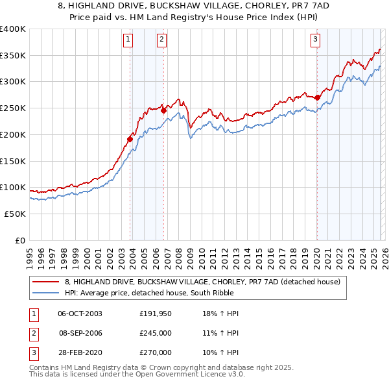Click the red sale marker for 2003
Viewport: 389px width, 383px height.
(130, 138)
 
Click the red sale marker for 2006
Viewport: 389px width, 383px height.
(163, 110)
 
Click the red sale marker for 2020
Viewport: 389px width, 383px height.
(317, 97)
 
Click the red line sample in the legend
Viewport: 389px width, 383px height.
(45, 282)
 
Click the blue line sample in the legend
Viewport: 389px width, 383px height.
(45, 293)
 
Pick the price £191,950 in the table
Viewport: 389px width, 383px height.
(155, 314)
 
